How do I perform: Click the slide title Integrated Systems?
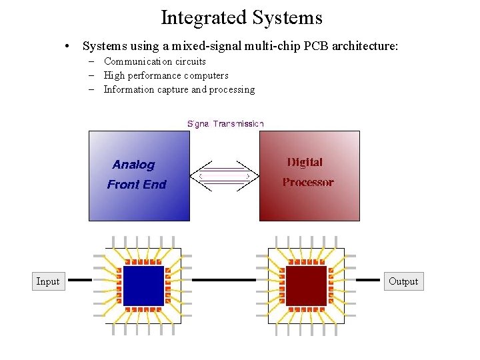[241, 17]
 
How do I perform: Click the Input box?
[47, 281]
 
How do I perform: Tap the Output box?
[403, 281]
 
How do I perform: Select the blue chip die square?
[143, 285]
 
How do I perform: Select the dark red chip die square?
[306, 285]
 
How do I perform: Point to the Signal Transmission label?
[225, 123]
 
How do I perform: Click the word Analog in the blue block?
[133, 165]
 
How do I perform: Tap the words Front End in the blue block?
[137, 185]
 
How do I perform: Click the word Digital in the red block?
[305, 162]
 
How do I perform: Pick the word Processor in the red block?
[308, 182]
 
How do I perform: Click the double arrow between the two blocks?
[224, 176]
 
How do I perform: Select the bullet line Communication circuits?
[155, 61]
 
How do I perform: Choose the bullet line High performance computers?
[166, 75]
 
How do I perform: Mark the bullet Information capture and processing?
[179, 89]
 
